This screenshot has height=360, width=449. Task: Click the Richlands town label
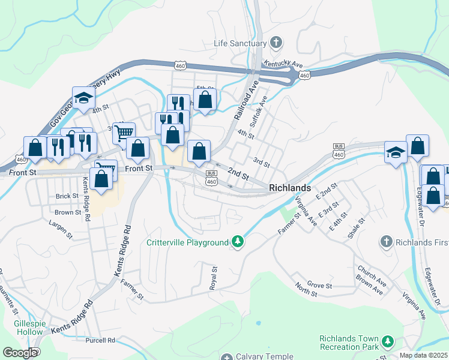290,188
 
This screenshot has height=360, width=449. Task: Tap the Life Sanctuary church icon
276,43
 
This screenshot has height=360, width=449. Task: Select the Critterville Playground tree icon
238,242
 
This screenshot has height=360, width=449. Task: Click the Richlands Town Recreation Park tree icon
388,343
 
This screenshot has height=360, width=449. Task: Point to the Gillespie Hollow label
20,328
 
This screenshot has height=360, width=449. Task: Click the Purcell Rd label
100,340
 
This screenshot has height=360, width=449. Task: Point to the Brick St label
67,196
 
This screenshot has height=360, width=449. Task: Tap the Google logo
20,352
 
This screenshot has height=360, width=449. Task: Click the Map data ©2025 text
424,355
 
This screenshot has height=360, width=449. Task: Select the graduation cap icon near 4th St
84,98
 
